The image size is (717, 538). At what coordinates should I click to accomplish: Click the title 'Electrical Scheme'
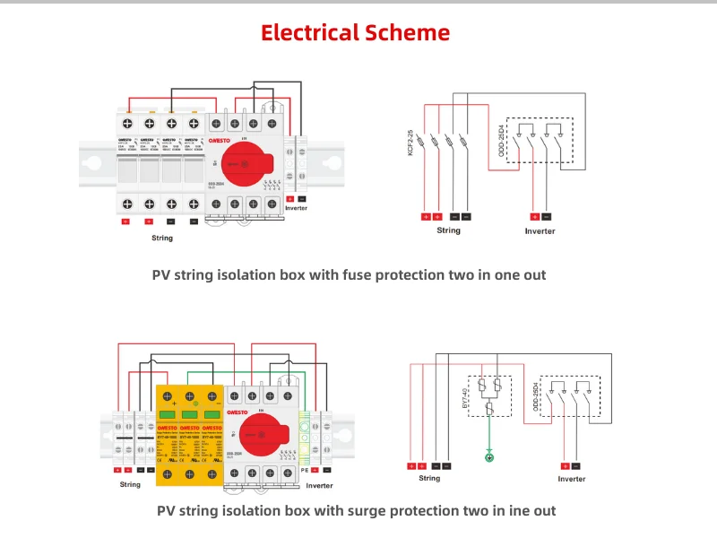[355, 33]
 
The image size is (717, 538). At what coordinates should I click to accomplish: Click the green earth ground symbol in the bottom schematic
[489, 458]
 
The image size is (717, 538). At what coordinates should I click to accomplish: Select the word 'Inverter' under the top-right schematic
[540, 231]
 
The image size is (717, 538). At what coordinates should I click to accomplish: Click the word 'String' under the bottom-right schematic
[429, 479]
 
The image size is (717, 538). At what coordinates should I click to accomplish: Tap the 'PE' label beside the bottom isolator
[304, 469]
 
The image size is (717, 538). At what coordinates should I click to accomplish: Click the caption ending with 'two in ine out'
[356, 511]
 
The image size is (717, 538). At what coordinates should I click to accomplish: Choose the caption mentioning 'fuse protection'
[349, 275]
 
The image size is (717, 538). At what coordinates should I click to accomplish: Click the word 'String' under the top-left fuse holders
[161, 238]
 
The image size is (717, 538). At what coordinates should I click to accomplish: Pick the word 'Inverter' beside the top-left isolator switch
[296, 208]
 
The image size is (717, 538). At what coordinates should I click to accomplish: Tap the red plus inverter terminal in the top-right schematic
[534, 216]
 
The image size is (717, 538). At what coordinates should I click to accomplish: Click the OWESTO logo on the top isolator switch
[220, 139]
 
